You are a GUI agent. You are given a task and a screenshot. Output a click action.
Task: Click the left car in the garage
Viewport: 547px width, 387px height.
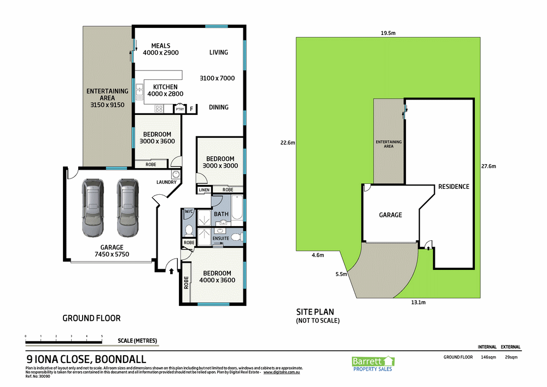(x=91, y=206)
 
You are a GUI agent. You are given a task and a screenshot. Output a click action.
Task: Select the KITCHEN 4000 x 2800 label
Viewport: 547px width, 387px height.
(x=165, y=90)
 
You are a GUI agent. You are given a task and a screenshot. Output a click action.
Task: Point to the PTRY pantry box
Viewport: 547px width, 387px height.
(x=180, y=109)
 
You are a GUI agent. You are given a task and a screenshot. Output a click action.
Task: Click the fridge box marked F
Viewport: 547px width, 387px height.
(x=191, y=109)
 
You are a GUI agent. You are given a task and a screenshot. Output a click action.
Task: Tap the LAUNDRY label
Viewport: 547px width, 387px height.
(x=166, y=182)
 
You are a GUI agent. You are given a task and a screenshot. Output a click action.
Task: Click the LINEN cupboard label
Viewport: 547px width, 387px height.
(x=204, y=190)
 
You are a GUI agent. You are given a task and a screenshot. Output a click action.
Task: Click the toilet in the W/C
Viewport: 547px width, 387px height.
(x=188, y=229)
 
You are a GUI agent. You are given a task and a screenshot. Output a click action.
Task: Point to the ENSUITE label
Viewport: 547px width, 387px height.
(x=220, y=239)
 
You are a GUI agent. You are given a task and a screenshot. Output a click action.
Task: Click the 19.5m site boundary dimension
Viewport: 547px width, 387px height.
(x=388, y=33)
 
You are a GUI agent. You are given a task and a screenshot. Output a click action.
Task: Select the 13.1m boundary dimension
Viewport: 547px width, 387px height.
(x=418, y=302)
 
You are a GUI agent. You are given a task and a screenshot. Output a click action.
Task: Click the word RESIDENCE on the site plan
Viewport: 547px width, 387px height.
(x=453, y=187)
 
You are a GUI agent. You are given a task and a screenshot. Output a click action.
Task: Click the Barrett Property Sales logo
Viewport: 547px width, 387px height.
(x=372, y=362)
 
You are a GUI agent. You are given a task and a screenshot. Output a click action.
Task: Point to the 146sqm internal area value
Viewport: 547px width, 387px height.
(x=488, y=357)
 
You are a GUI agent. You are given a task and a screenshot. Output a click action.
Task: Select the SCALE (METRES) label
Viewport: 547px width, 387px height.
(x=137, y=340)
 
